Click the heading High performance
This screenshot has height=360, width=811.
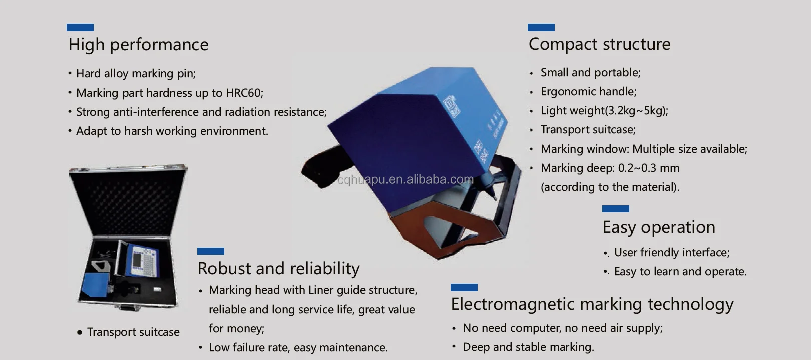[138, 45]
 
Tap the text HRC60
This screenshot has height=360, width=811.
[243, 93]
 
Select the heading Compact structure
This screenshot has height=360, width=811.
[599, 44]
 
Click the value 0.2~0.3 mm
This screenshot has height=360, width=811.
[649, 168]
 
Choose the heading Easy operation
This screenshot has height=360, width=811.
[659, 227]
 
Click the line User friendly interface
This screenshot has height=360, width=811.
[672, 253]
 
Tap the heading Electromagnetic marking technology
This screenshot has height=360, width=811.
[592, 304]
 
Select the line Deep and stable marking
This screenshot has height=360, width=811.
[528, 347]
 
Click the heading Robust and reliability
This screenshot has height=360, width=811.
[278, 269]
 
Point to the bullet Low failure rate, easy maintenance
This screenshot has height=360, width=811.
[298, 348]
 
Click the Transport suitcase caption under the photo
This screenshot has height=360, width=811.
[133, 332]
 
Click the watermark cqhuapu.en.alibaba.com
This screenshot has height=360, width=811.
[405, 179]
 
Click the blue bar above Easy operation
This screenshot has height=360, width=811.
[615, 209]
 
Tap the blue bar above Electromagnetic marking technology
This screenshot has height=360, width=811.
[464, 288]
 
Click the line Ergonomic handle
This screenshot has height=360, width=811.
[588, 92]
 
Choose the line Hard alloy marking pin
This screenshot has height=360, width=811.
[136, 74]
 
